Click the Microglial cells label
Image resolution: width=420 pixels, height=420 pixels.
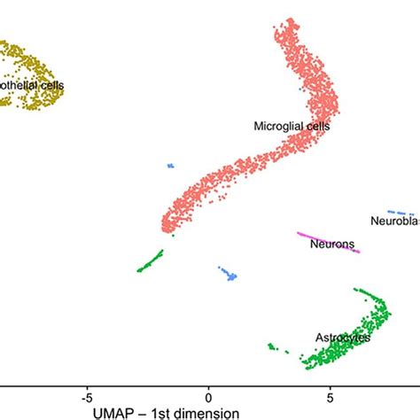pos(292,127)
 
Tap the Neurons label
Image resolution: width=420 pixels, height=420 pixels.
pos(332,244)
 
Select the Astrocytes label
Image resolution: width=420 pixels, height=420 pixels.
pos(342,338)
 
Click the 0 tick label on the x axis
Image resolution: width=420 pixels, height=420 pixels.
pos(209,388)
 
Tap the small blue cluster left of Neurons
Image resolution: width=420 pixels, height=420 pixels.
pos(229,275)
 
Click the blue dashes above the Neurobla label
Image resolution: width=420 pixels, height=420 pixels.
pos(401,213)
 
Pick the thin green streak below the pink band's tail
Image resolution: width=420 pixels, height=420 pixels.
pos(150,261)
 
